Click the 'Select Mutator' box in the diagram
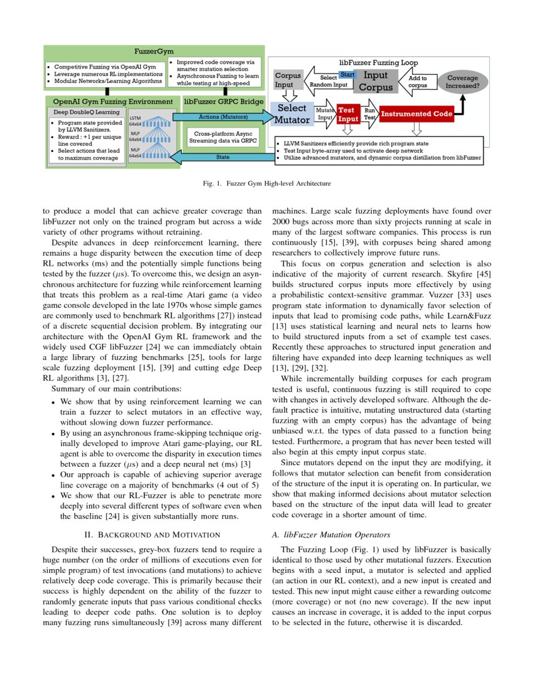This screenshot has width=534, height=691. (292, 114)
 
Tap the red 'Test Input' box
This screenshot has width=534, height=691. (347, 114)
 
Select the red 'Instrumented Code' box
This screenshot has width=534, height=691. (416, 114)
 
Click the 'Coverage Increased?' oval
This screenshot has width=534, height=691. (462, 82)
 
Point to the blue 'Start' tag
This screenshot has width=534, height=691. (347, 75)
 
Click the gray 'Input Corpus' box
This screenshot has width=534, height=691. (376, 82)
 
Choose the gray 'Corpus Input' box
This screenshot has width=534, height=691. (288, 80)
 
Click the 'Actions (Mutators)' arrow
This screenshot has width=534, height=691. (223, 117)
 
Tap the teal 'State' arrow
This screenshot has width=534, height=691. (222, 157)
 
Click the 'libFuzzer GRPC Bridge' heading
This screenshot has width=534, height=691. (224, 101)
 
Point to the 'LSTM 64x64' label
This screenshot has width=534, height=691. (135, 121)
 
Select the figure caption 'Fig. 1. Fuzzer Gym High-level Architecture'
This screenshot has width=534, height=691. (267, 183)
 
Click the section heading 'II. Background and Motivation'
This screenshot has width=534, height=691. (152, 535)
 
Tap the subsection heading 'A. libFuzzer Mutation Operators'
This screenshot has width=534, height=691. (331, 535)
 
